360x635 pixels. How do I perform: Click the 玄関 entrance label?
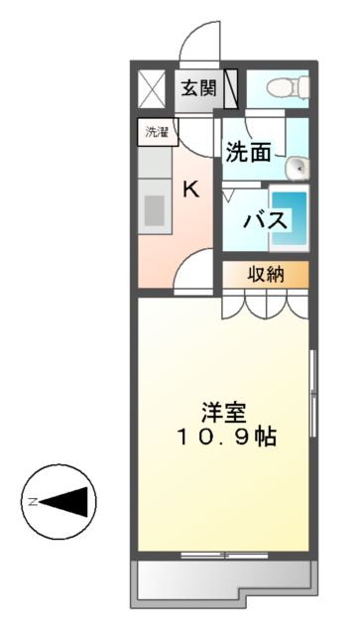(198, 88)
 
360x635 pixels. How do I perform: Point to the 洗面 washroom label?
(249, 152)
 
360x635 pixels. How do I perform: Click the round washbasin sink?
(296, 170)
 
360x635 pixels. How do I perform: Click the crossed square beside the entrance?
(154, 87)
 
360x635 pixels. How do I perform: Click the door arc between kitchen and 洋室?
(191, 269)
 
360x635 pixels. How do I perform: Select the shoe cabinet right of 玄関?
(231, 87)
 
